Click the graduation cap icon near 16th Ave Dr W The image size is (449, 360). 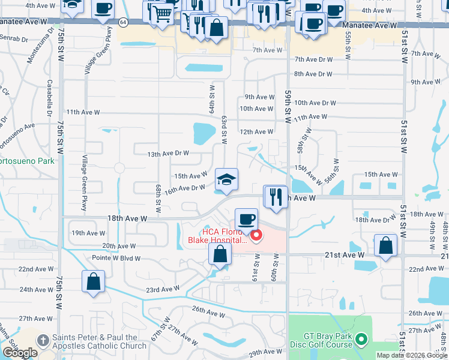tap(226, 179)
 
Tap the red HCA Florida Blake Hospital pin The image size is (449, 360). tap(257, 235)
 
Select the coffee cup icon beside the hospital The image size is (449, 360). tap(246, 220)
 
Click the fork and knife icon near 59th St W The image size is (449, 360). tap(276, 196)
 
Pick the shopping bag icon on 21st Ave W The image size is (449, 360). tap(385, 245)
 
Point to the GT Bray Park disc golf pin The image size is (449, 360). tap(361, 340)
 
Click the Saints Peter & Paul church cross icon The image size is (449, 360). tap(43, 340)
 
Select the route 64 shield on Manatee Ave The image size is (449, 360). tap(122, 22)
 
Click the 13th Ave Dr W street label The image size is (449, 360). tap(169, 153)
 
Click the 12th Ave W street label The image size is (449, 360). tap(256, 131)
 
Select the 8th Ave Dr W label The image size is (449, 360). tap(313, 74)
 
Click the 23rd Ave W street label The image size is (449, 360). tap(163, 289)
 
